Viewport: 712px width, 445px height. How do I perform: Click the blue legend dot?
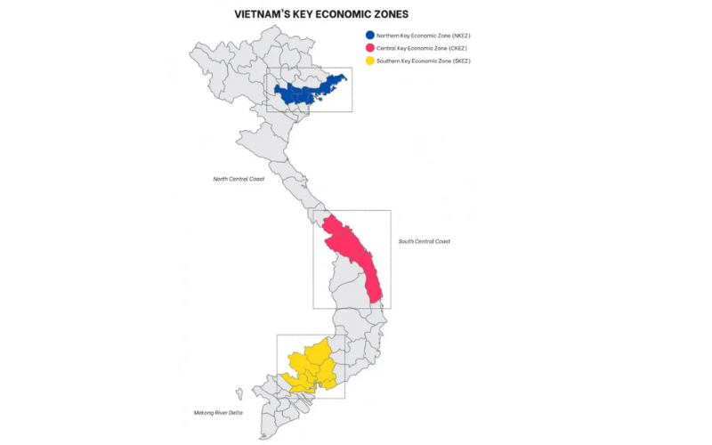370,35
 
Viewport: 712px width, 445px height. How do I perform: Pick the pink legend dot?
370,47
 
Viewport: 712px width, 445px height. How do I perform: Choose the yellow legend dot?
370,61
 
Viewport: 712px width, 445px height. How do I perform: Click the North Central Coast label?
239,179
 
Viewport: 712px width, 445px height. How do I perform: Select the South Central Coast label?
424,241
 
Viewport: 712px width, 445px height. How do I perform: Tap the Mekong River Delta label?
219,413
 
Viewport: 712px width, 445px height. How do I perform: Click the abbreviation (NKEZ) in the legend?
457,35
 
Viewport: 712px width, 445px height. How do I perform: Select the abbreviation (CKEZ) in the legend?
456,47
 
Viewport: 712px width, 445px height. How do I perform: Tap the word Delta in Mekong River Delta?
235,413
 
